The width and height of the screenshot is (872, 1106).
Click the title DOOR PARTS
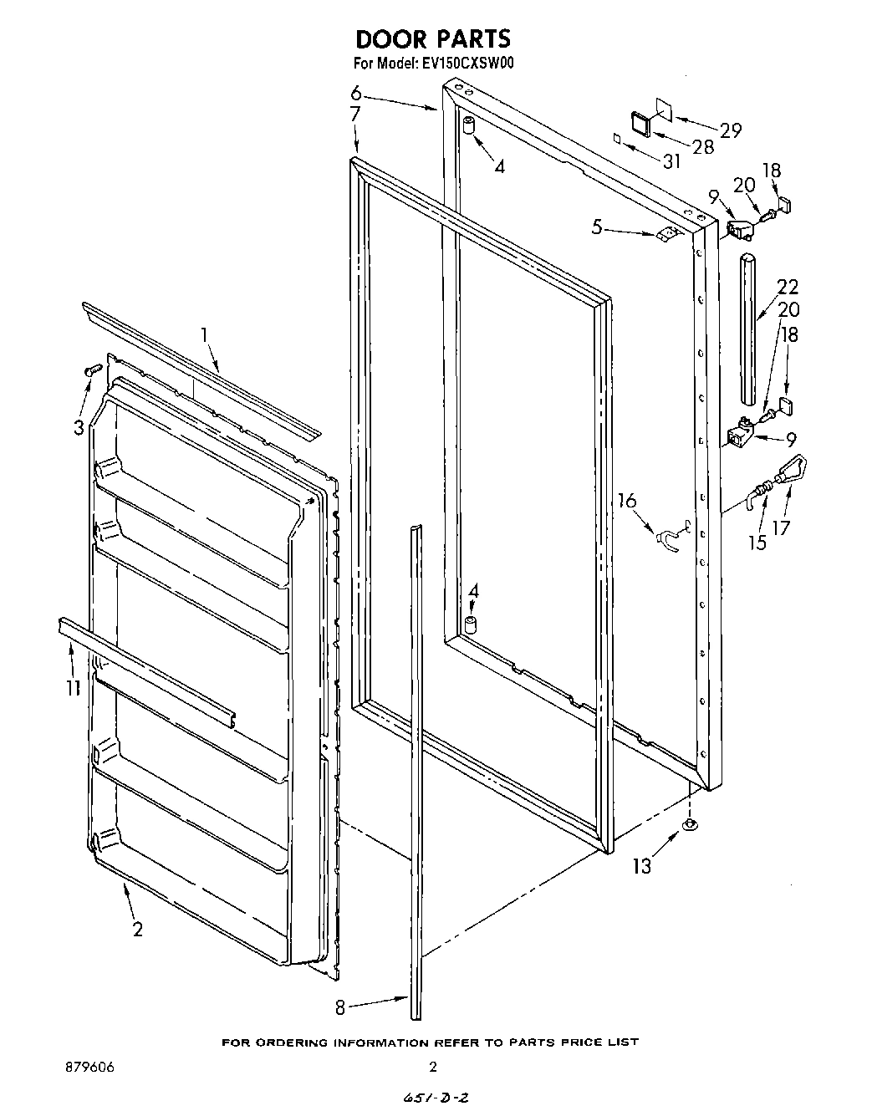tap(432, 38)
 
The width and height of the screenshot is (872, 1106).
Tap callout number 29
tap(730, 130)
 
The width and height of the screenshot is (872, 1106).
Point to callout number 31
tap(671, 161)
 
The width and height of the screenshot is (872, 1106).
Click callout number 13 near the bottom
tap(641, 866)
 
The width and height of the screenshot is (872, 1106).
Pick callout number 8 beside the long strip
tap(339, 1007)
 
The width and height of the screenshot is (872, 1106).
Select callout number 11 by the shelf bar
tap(73, 687)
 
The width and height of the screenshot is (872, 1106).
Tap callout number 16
tap(626, 501)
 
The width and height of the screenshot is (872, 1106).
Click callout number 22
tap(788, 287)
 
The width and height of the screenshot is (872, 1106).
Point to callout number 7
tap(354, 115)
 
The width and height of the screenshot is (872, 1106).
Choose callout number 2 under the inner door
tap(137, 928)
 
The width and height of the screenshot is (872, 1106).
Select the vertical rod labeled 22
tap(748, 330)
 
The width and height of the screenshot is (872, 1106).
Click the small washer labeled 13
tap(689, 826)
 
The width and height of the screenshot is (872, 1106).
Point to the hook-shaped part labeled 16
tap(668, 538)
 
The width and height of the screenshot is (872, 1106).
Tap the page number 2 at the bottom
tap(432, 1067)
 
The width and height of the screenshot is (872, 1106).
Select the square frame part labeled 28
tap(641, 124)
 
